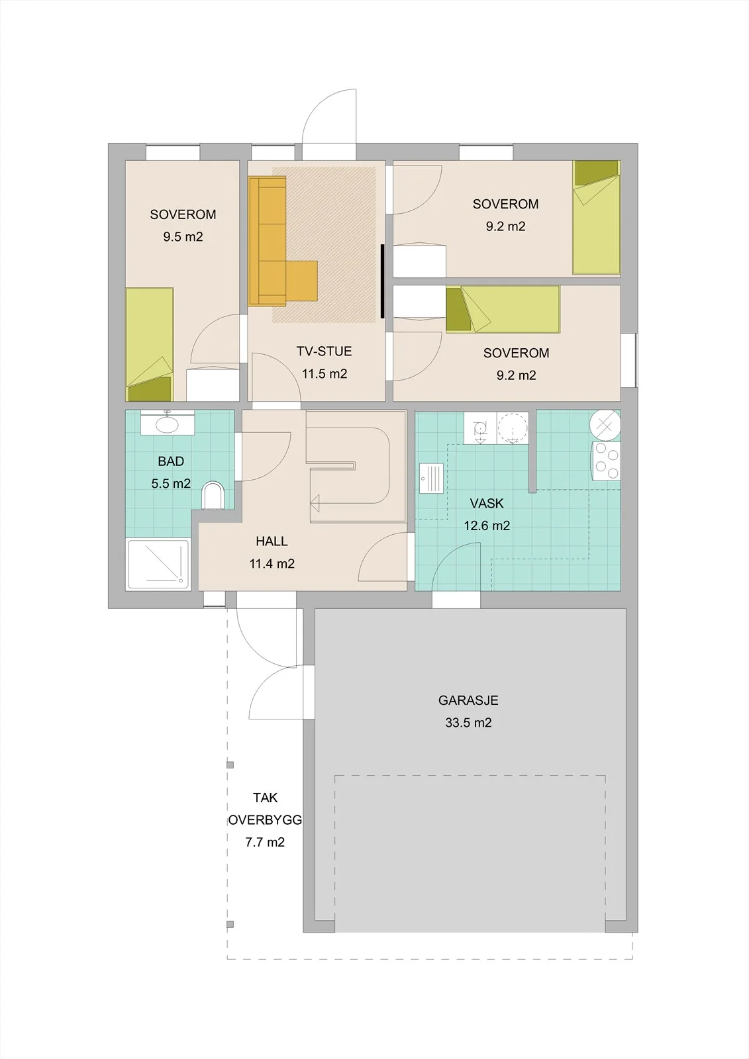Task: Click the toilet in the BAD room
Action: pyautogui.click(x=213, y=496)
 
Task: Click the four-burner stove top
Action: pyautogui.click(x=606, y=461)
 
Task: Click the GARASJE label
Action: pyautogui.click(x=468, y=700)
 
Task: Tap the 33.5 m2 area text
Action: pyautogui.click(x=468, y=723)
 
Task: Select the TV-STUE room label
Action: pyautogui.click(x=324, y=351)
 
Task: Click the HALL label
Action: pyautogui.click(x=272, y=541)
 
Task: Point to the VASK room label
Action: pyautogui.click(x=487, y=504)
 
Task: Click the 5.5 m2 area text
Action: pyautogui.click(x=171, y=484)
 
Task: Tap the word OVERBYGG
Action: pyautogui.click(x=265, y=820)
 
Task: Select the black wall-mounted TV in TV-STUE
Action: pyautogui.click(x=382, y=281)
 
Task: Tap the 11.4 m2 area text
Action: pyautogui.click(x=272, y=563)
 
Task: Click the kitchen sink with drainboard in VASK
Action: pyautogui.click(x=431, y=478)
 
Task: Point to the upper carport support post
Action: pyautogui.click(x=230, y=764)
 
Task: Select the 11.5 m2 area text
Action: pyautogui.click(x=325, y=374)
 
